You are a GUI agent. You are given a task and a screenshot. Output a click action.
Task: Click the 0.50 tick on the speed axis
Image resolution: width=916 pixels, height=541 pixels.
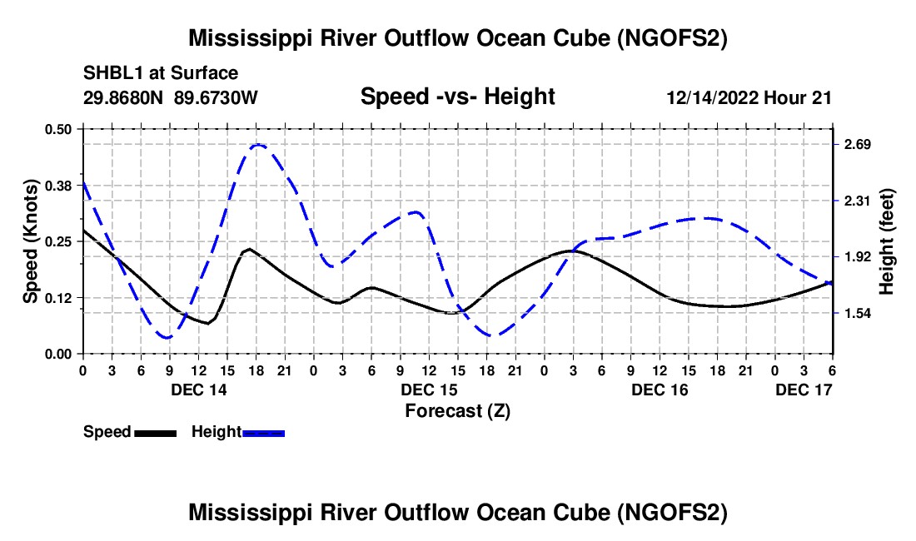pos(57,129)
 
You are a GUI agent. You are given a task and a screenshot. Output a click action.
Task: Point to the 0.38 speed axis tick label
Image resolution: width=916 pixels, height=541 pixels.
pos(57,186)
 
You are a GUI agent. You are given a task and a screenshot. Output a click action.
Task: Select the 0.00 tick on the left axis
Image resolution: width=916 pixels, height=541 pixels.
pos(57,355)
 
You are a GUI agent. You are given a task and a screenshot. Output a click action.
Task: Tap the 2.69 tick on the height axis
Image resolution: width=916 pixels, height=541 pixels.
pos(858,144)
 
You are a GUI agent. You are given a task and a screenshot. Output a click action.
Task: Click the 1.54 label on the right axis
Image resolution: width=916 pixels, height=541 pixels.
pos(858,314)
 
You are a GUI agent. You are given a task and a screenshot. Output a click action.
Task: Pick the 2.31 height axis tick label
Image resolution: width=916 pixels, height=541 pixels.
pos(858,201)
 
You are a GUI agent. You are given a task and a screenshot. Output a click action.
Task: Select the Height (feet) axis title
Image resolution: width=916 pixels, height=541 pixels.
pos(887,241)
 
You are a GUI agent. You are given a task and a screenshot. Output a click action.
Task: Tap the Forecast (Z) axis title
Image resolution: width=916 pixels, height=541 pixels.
pos(457,411)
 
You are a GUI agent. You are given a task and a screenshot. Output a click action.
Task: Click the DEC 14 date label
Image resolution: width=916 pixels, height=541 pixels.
pos(199,390)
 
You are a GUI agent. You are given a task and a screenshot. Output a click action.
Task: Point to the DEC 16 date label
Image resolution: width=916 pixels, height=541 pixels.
pos(660,390)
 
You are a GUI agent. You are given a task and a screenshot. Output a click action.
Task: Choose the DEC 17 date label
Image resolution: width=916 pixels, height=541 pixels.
pos(804,390)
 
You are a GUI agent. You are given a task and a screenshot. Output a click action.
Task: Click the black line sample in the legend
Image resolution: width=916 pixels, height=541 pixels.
pos(156,433)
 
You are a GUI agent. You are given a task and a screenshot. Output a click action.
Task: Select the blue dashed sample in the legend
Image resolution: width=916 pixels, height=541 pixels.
pos(263,433)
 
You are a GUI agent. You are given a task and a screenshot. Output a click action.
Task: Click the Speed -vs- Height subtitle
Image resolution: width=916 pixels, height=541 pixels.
pos(457,97)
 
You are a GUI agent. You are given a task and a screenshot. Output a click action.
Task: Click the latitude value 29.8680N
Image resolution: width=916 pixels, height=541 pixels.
pos(122,97)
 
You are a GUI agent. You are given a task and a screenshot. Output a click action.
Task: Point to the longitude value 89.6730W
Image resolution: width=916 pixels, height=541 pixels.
pos(216,97)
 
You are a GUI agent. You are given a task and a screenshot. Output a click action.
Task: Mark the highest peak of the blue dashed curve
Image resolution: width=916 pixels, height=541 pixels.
pos(258,145)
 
